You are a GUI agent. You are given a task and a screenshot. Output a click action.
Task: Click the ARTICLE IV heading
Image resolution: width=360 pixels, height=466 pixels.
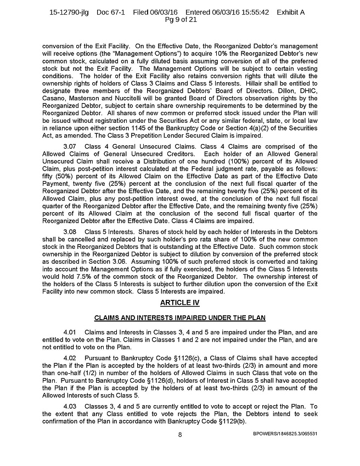pos(179,302)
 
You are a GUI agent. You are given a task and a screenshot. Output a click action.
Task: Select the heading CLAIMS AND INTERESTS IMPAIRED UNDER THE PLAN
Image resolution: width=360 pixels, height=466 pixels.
pos(179,317)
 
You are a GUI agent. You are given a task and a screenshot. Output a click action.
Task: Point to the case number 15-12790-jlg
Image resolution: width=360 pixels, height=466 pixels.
pos(71,12)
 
